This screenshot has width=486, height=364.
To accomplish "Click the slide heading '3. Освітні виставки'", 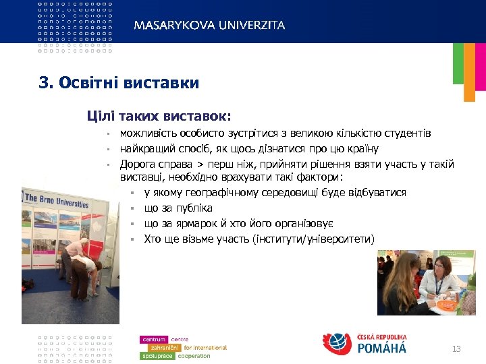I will click(119, 83).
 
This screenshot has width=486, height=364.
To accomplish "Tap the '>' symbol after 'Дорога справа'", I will click(192, 164).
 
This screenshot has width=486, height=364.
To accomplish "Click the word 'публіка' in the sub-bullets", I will click(194, 208).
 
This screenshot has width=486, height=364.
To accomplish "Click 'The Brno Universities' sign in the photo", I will click(57, 200).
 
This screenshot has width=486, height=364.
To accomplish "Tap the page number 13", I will click(456, 348).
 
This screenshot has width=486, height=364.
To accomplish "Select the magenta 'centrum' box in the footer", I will click(155, 339).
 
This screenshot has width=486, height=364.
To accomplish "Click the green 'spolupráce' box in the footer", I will click(157, 356).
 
